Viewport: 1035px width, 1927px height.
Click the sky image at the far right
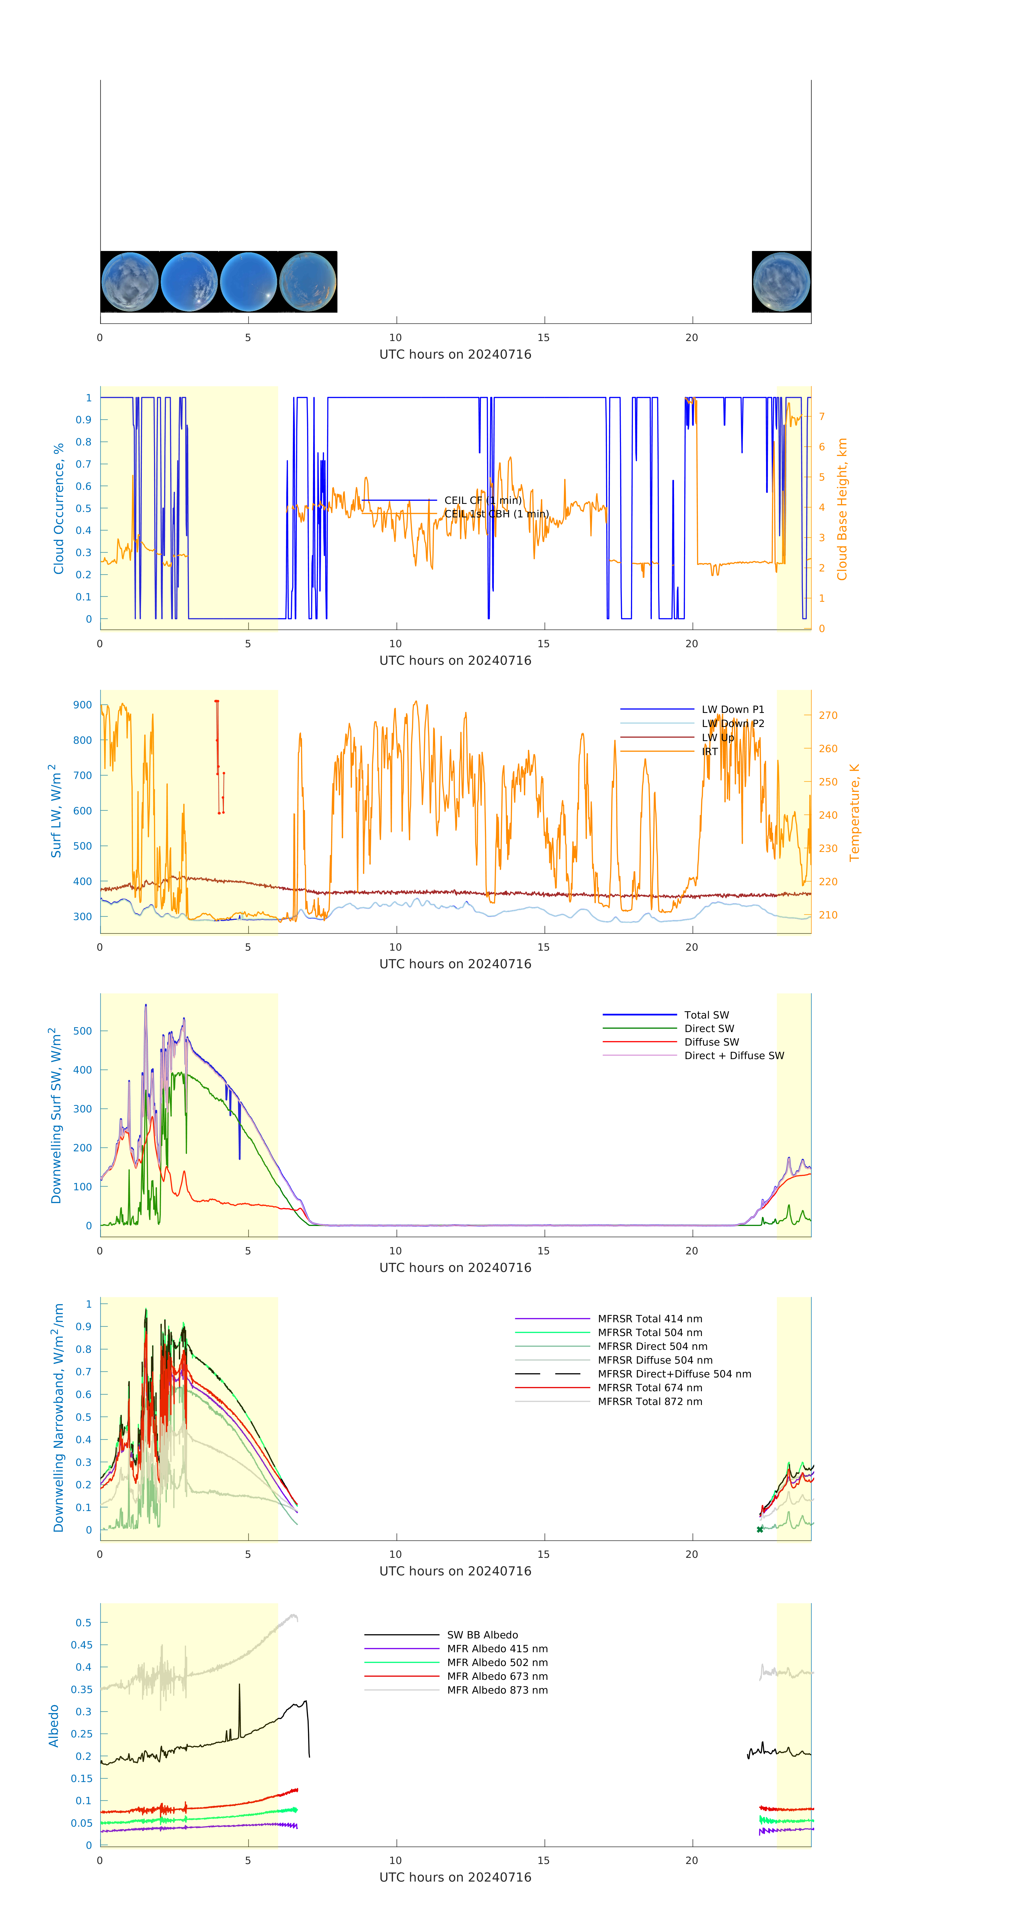click(781, 282)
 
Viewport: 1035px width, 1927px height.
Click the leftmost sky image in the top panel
click(129, 282)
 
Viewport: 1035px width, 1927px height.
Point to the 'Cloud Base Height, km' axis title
click(842, 509)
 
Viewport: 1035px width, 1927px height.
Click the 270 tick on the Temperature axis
click(828, 715)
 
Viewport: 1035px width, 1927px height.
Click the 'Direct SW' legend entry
click(709, 1029)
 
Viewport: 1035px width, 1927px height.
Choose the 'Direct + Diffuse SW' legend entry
click(733, 1056)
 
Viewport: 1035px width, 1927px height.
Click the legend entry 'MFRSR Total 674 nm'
click(650, 1388)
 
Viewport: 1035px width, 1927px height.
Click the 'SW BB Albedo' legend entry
click(482, 1635)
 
